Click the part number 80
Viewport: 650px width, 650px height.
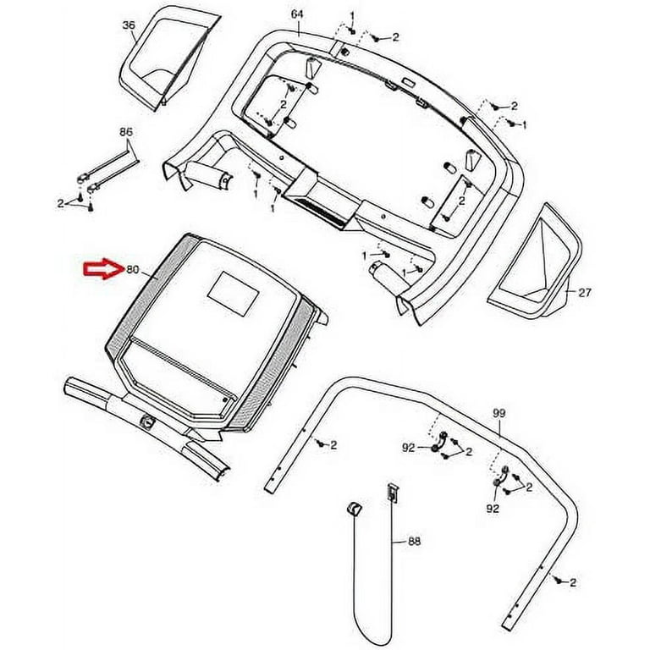(x=132, y=269)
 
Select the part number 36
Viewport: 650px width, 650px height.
(x=129, y=25)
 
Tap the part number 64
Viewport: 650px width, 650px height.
(x=297, y=14)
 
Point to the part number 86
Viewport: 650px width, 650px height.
(x=126, y=132)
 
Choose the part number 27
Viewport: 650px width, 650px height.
(x=585, y=293)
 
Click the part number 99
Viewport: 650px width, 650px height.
(x=499, y=413)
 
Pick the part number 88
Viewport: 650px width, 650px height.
(x=414, y=541)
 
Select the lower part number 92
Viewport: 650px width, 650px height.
(x=493, y=508)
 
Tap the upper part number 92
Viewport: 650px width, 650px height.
(x=408, y=448)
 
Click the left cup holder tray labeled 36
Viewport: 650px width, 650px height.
(x=167, y=60)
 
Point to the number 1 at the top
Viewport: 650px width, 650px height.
(x=352, y=17)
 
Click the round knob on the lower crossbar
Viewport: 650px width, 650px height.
(x=148, y=423)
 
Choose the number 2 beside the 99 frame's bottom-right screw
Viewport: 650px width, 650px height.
(x=573, y=582)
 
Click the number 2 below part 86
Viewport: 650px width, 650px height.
(x=61, y=203)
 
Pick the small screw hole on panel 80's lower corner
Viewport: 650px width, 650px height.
(x=225, y=400)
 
